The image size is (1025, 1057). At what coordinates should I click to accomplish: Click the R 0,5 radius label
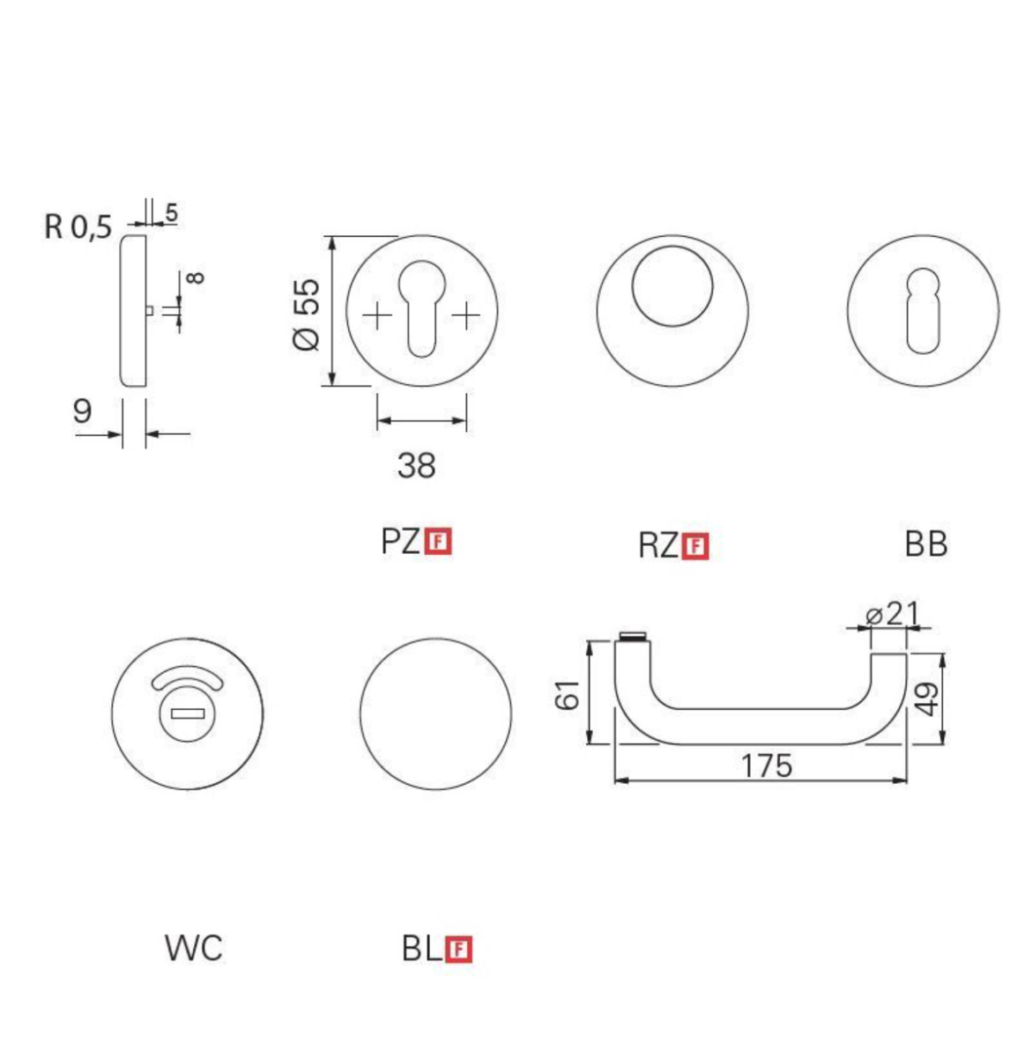click(x=78, y=227)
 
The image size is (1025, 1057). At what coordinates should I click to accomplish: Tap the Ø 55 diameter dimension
click(x=307, y=314)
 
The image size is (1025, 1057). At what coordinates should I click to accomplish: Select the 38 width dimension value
click(x=416, y=464)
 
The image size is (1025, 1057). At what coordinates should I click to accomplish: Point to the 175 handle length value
click(x=765, y=765)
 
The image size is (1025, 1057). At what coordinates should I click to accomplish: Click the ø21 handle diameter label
click(x=892, y=613)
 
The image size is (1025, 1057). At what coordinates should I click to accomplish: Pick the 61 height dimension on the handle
click(x=569, y=694)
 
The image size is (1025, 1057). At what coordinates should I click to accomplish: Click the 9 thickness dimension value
click(x=82, y=410)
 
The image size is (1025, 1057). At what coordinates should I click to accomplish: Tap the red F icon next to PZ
click(x=438, y=541)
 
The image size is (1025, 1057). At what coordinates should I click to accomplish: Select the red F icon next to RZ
click(x=695, y=547)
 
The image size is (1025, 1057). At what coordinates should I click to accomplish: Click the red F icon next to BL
click(x=459, y=950)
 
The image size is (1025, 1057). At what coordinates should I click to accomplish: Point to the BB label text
click(x=925, y=545)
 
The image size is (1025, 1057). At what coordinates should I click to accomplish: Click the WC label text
click(x=194, y=949)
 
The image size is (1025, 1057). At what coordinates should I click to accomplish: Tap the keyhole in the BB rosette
click(x=923, y=308)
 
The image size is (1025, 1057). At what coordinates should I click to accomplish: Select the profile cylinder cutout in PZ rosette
click(x=420, y=308)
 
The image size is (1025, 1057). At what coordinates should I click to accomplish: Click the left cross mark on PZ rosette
click(x=377, y=315)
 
